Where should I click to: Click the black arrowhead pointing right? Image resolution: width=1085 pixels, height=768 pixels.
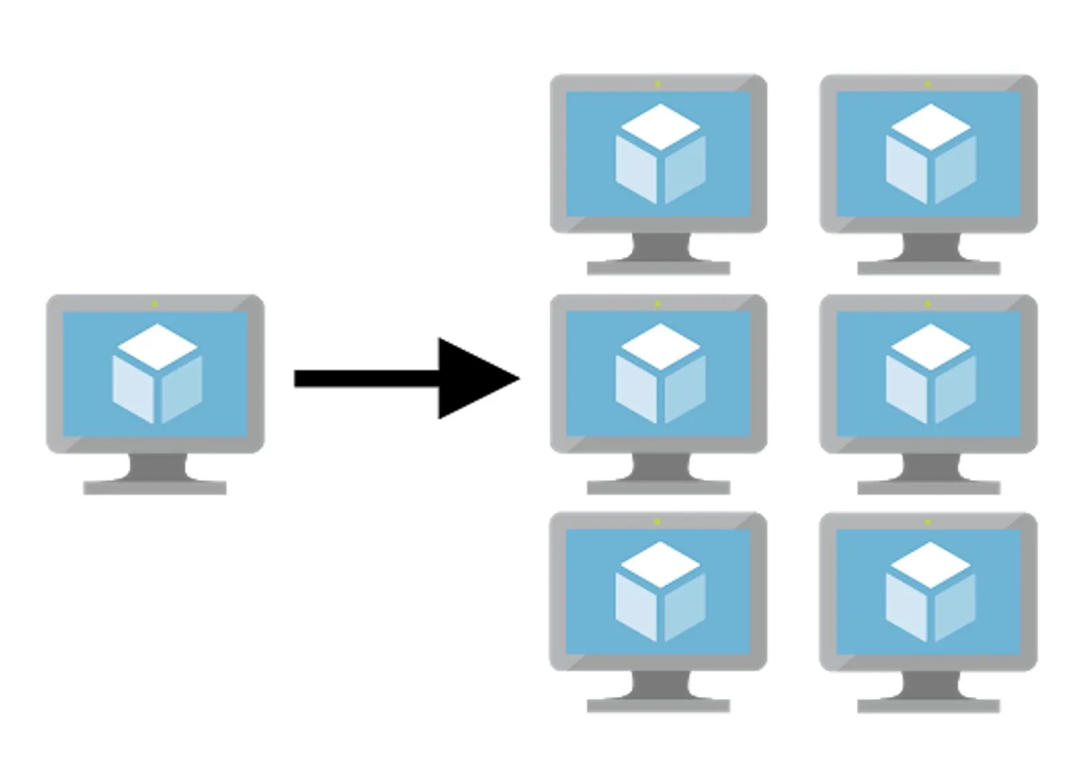pyautogui.click(x=475, y=378)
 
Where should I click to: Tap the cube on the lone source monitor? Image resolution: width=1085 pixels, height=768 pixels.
pyautogui.click(x=157, y=374)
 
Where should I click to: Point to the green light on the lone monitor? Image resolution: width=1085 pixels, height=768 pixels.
pyautogui.click(x=155, y=304)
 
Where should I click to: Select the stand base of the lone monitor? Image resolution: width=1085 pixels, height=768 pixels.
pyautogui.click(x=155, y=487)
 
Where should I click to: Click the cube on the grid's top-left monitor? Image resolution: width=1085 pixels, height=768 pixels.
pyautogui.click(x=660, y=154)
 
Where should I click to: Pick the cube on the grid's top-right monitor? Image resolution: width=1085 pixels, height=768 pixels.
pyautogui.click(x=930, y=154)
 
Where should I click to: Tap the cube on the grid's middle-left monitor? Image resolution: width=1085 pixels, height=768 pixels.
pyautogui.click(x=660, y=374)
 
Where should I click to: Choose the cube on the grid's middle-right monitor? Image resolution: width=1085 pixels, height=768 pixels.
pyautogui.click(x=930, y=374)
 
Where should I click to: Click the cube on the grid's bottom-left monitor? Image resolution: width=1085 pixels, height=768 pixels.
pyautogui.click(x=660, y=592)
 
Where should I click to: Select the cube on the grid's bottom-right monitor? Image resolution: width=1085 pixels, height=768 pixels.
pyautogui.click(x=930, y=592)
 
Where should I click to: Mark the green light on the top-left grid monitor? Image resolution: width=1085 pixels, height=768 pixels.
pyautogui.click(x=657, y=84)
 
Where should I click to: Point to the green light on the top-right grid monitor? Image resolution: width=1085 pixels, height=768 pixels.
pyautogui.click(x=928, y=84)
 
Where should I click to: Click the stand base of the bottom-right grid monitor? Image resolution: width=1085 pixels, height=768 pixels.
pyautogui.click(x=928, y=705)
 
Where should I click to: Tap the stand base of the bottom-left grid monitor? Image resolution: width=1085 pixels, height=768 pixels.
pyautogui.click(x=658, y=705)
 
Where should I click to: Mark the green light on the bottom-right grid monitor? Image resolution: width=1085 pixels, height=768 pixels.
pyautogui.click(x=928, y=521)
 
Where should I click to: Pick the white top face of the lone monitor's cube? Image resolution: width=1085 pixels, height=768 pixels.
pyautogui.click(x=157, y=346)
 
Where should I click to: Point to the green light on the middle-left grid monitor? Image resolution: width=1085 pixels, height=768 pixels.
pyautogui.click(x=657, y=304)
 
